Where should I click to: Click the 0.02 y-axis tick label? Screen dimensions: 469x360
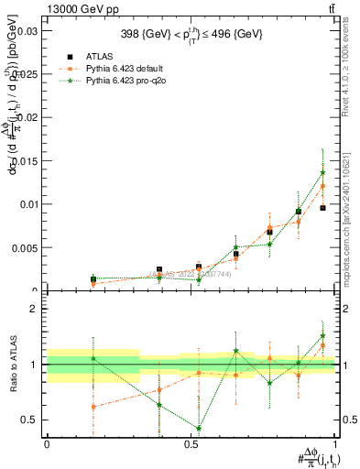pos(26,117)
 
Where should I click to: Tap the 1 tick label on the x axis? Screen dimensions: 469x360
pos(334,444)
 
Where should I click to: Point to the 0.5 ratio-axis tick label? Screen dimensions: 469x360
pos(30,420)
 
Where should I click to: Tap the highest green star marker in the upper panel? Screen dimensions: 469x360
pos(322,172)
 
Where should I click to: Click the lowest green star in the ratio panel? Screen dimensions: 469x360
pos(199,428)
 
